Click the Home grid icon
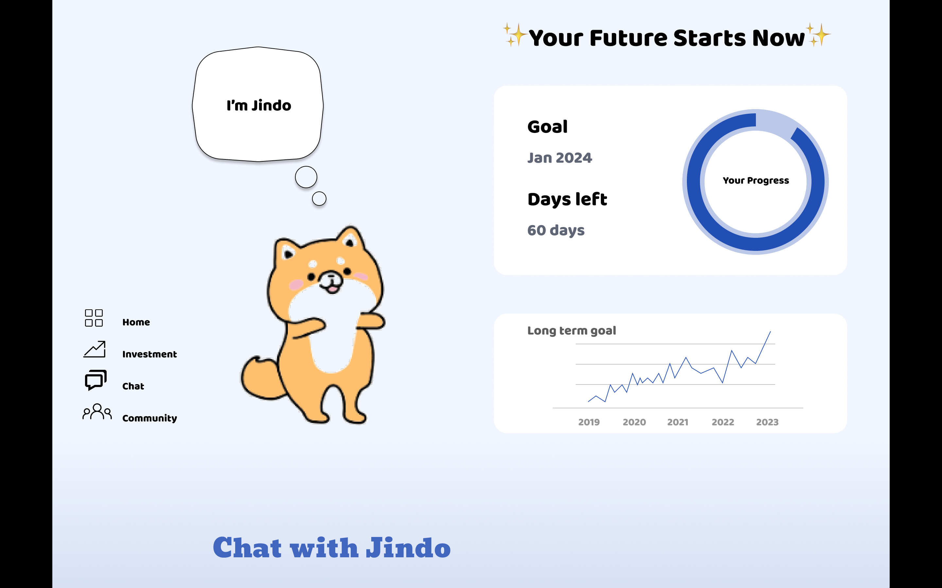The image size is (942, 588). pyautogui.click(x=94, y=318)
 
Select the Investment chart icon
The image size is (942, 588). pyautogui.click(x=95, y=349)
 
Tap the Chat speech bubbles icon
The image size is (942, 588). pyautogui.click(x=96, y=380)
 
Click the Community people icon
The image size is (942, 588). pyautogui.click(x=97, y=412)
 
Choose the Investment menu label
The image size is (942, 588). pyautogui.click(x=149, y=354)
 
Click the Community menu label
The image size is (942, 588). pyautogui.click(x=149, y=418)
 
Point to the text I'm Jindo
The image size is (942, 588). pyautogui.click(x=259, y=106)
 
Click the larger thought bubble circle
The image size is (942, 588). pyautogui.click(x=306, y=177)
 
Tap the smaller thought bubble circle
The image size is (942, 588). pyautogui.click(x=319, y=199)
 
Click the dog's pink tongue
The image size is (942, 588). pyautogui.click(x=332, y=289)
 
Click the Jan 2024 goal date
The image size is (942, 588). pyautogui.click(x=559, y=158)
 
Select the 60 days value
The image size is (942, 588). pyautogui.click(x=556, y=231)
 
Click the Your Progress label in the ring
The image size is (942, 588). pyautogui.click(x=756, y=181)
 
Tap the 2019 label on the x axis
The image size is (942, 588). pyautogui.click(x=589, y=422)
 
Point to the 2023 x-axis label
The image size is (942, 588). pyautogui.click(x=767, y=422)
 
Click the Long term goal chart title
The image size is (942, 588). pyautogui.click(x=571, y=331)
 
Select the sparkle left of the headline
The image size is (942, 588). pyautogui.click(x=515, y=35)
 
